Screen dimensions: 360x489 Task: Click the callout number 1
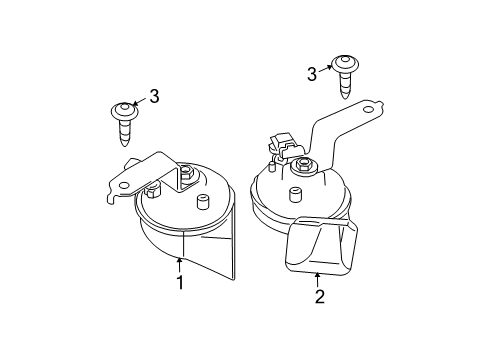click(181, 283)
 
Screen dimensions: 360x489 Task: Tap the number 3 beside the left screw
click(154, 96)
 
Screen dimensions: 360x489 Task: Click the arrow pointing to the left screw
click(139, 101)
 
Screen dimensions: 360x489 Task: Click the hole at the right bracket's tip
click(369, 108)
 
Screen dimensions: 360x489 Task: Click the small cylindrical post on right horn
click(298, 193)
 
